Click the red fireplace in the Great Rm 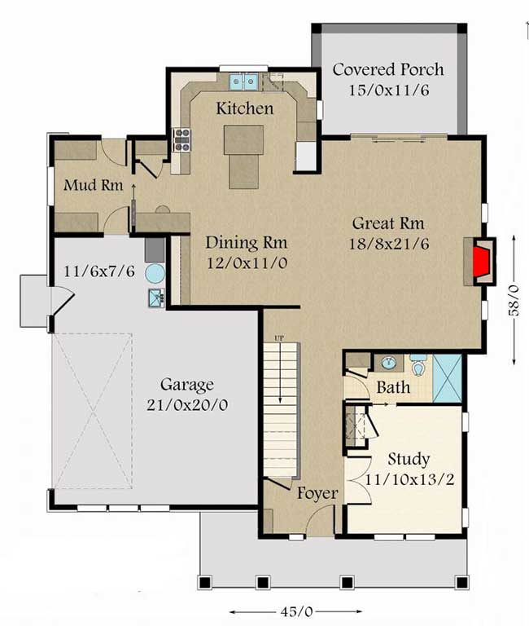pyautogui.click(x=482, y=262)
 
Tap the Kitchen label pyautogui.click(x=245, y=108)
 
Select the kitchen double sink pyautogui.click(x=243, y=82)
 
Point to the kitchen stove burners pyautogui.click(x=181, y=139)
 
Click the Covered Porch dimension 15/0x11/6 pyautogui.click(x=389, y=90)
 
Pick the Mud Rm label pyautogui.click(x=94, y=185)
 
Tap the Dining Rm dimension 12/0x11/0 pyautogui.click(x=247, y=263)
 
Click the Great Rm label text pyautogui.click(x=388, y=223)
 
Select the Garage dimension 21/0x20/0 pyautogui.click(x=187, y=405)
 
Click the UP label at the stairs pyautogui.click(x=279, y=338)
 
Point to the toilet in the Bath pyautogui.click(x=418, y=365)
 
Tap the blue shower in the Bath pyautogui.click(x=448, y=378)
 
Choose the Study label pyautogui.click(x=409, y=460)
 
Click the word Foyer pyautogui.click(x=317, y=493)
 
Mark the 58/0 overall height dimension pyautogui.click(x=514, y=300)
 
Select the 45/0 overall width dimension pyautogui.click(x=295, y=611)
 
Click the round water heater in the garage pyautogui.click(x=155, y=274)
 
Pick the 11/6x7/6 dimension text pyautogui.click(x=99, y=272)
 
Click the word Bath pyautogui.click(x=393, y=387)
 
